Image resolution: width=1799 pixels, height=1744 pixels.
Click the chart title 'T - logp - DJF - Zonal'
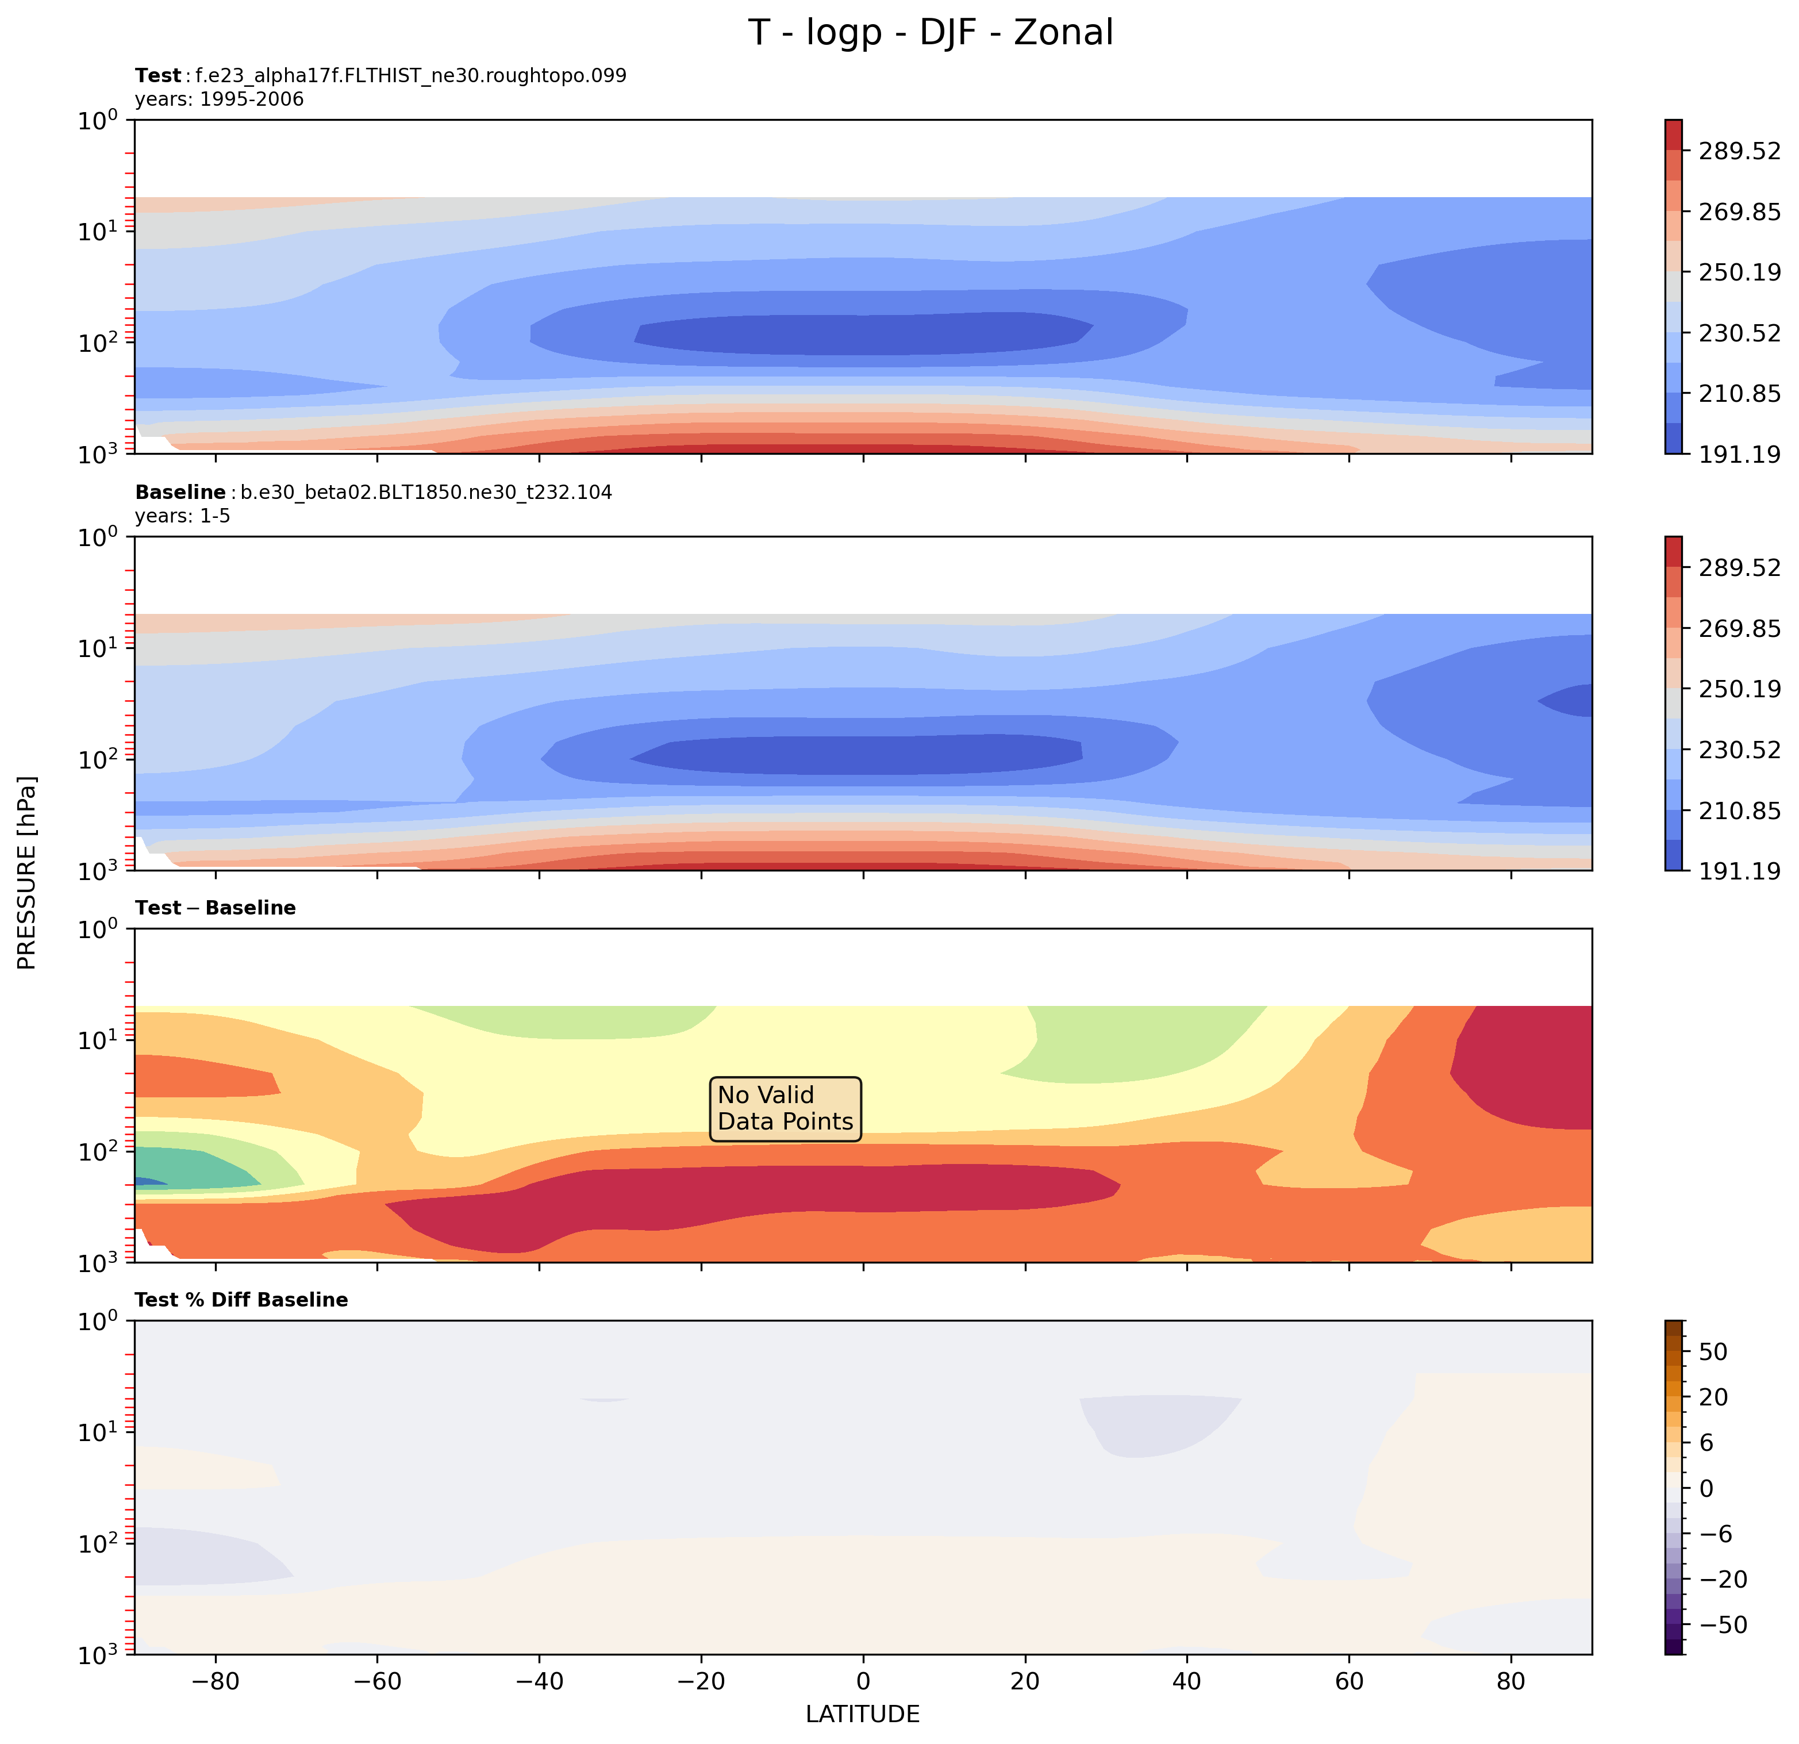tap(930, 33)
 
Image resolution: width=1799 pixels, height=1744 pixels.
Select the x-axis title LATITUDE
tap(862, 1714)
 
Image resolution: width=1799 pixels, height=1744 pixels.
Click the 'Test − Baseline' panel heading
tap(215, 908)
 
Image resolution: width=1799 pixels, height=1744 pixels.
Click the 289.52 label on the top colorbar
tap(1739, 151)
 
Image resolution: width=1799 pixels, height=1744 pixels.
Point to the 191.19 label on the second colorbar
tap(1739, 870)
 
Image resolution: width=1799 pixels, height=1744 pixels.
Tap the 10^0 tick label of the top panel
tap(98, 120)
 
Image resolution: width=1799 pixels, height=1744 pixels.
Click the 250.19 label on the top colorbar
tap(1739, 272)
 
